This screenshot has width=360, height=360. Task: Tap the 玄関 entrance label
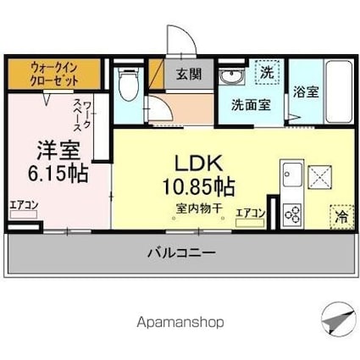189,74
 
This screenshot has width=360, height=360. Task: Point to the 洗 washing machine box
266,72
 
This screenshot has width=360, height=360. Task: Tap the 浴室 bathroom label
306,91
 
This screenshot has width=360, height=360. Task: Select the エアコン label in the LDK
251,213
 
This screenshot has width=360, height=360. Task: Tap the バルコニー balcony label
178,252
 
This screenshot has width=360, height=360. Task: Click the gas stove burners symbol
292,213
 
